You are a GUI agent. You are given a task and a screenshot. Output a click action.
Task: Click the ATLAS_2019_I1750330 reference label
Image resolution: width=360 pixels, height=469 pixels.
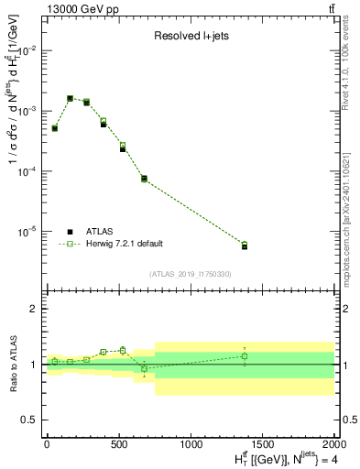191,274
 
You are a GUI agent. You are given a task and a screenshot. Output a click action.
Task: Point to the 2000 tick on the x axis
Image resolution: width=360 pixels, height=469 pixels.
333,443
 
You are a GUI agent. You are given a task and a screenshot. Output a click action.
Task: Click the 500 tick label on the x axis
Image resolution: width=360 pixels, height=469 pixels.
119,443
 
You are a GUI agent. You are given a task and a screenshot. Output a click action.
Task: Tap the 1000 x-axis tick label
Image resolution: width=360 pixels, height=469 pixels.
191,443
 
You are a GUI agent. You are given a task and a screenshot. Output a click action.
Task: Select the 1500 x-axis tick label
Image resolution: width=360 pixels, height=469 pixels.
262,443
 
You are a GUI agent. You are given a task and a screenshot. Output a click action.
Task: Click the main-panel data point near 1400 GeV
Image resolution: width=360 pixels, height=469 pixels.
245,245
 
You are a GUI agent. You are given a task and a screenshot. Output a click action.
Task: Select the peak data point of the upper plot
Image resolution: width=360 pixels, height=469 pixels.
70,98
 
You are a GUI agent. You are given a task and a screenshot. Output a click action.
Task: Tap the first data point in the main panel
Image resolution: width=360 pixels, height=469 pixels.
55,128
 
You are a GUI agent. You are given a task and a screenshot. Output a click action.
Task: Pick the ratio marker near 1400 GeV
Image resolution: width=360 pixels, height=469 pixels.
245,356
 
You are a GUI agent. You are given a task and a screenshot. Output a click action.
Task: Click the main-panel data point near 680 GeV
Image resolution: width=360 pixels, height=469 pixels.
144,179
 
